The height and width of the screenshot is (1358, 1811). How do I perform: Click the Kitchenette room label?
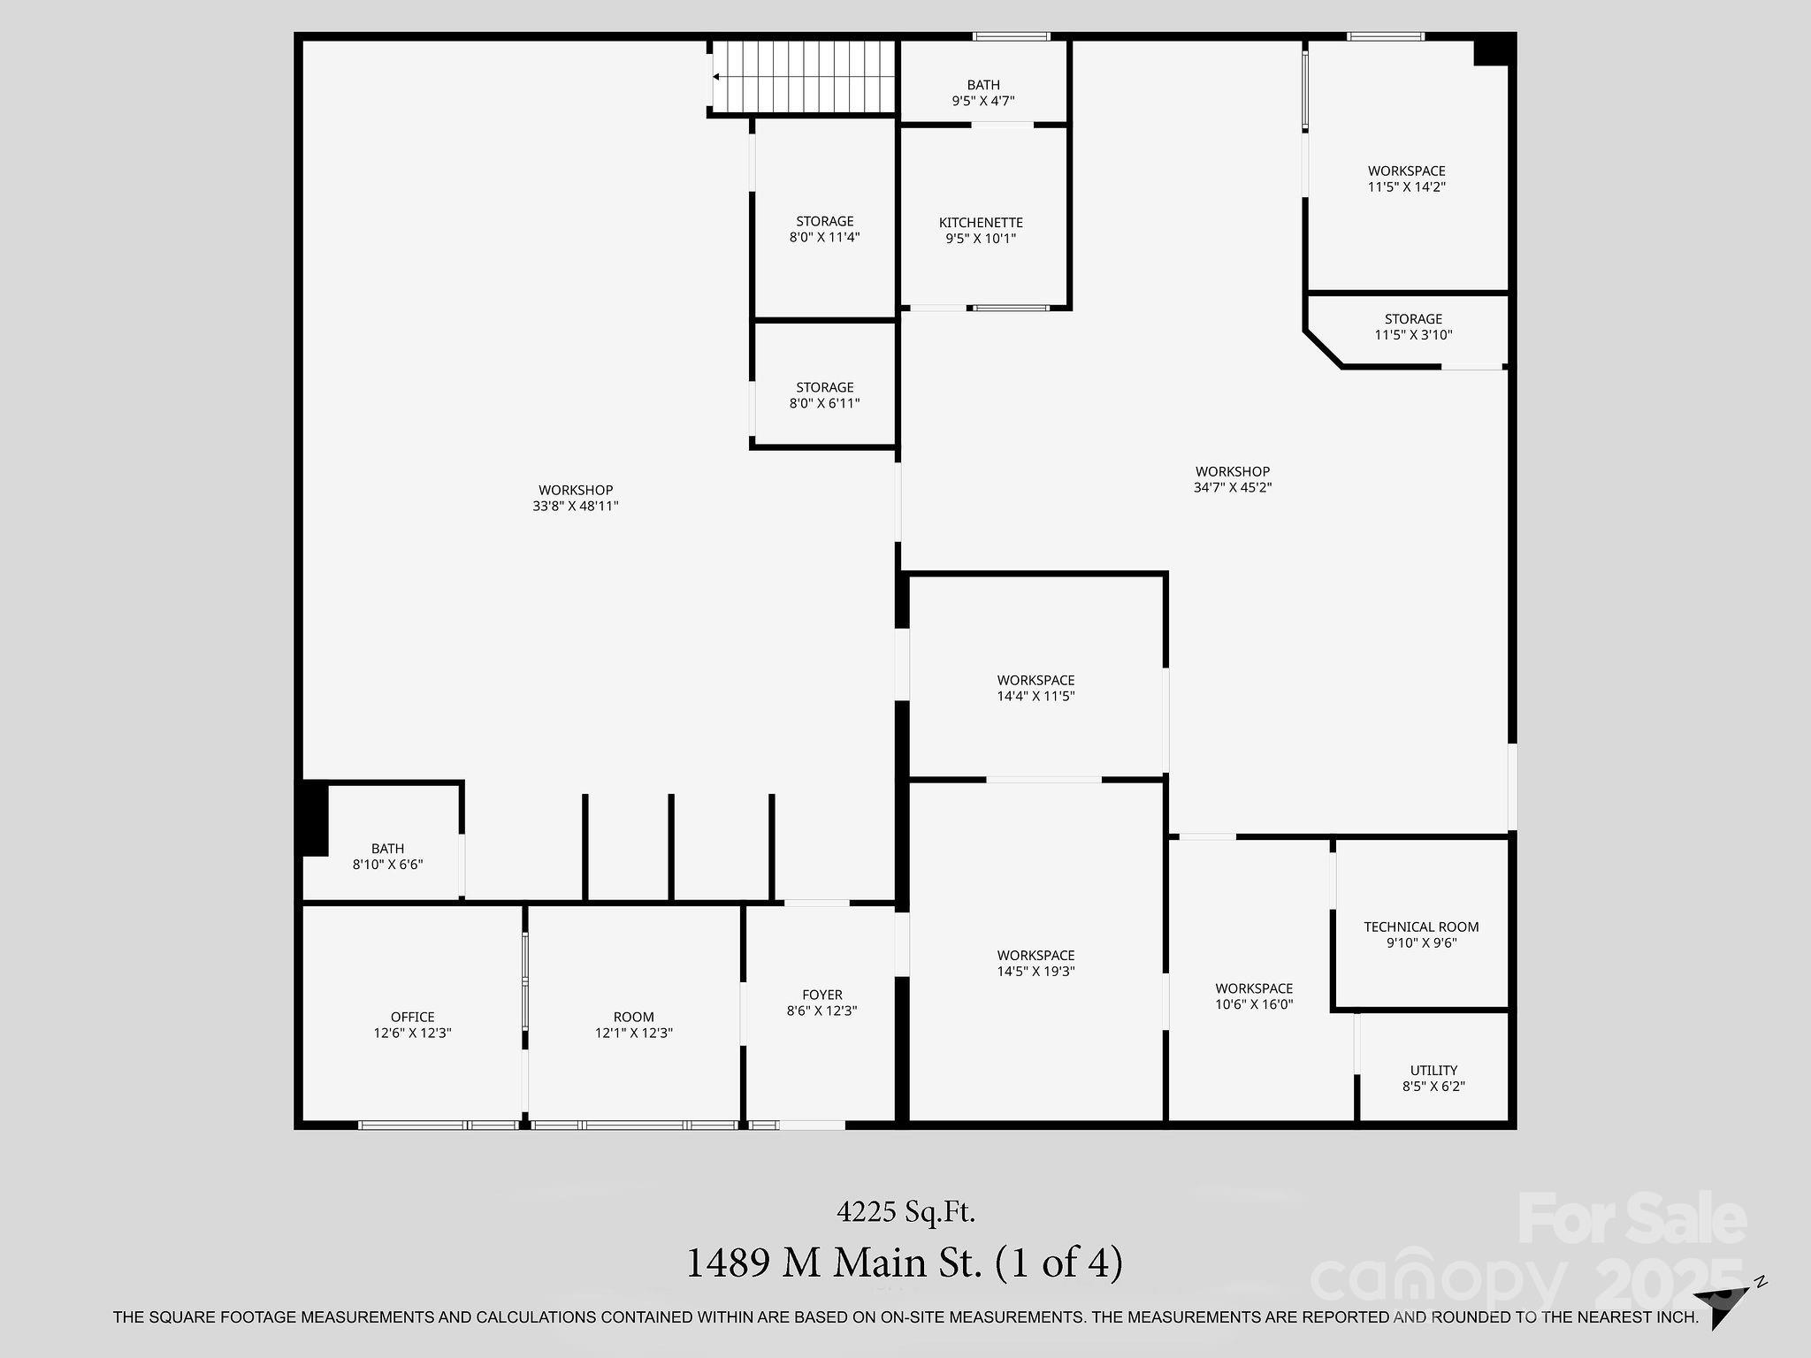981,223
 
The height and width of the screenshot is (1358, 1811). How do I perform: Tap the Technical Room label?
1421,927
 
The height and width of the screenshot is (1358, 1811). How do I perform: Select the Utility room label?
1433,1071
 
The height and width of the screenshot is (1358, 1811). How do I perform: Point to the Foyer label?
822,995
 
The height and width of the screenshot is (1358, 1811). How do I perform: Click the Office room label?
413,1017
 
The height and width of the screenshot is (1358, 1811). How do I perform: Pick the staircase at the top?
804,77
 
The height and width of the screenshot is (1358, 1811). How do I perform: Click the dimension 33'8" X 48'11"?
576,507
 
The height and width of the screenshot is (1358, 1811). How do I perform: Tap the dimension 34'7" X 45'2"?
1233,487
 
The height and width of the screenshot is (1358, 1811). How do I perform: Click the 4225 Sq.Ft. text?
905,1211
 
